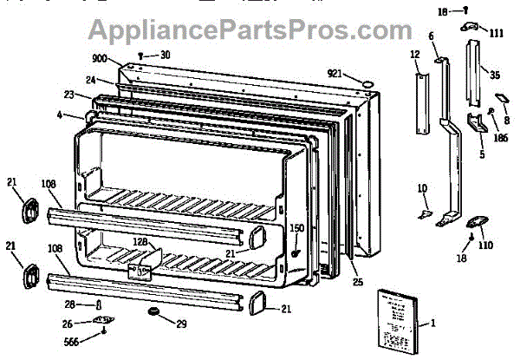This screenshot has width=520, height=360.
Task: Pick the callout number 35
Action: (x=496, y=75)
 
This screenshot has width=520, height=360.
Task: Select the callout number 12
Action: (x=414, y=55)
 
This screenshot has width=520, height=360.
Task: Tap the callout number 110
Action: (x=485, y=245)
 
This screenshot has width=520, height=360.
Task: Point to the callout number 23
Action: (x=68, y=95)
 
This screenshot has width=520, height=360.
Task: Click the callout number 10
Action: (x=421, y=188)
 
